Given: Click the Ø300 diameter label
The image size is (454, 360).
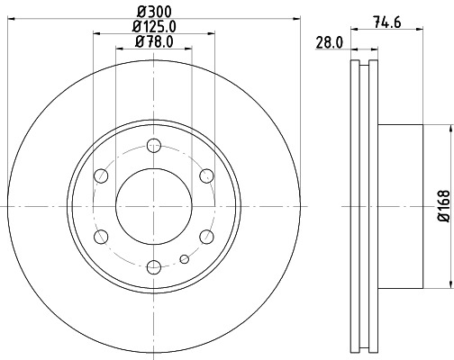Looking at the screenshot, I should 153,11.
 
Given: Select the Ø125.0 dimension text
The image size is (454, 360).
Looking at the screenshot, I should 153,26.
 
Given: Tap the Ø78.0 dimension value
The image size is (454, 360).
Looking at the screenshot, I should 153,41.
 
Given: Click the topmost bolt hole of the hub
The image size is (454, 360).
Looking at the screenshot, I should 154,145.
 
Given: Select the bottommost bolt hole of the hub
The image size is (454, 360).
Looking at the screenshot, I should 154,265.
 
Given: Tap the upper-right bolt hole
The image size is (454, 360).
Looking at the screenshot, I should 206,175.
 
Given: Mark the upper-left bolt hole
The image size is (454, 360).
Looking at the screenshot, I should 102,175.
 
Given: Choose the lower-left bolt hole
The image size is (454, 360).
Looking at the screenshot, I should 102,236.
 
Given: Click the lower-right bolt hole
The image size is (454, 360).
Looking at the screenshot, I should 206,236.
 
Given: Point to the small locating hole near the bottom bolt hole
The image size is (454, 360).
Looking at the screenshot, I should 184,260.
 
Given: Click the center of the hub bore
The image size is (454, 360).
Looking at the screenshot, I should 154,205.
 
